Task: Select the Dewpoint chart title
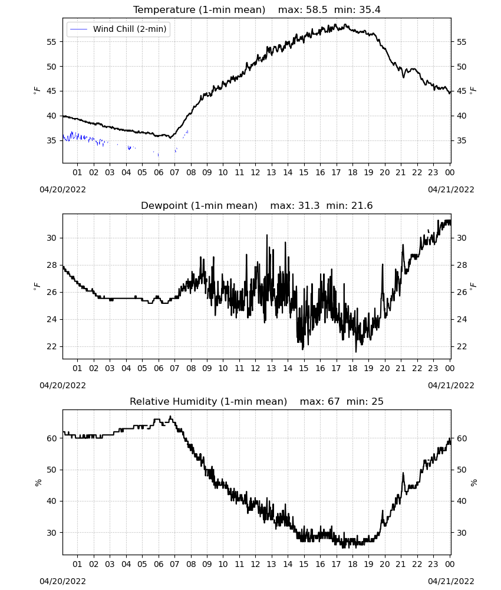pyautogui.click(x=199, y=205)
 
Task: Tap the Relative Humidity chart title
pyautogui.click(x=209, y=401)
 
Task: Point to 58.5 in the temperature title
pyautogui.click(x=317, y=9)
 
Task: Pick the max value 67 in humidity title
pyautogui.click(x=334, y=401)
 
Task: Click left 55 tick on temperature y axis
pyautogui.click(x=51, y=42)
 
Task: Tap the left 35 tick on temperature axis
pyautogui.click(x=51, y=140)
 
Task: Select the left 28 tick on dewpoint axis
pyautogui.click(x=51, y=265)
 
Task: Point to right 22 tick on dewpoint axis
pyautogui.click(x=462, y=346)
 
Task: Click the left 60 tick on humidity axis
pyautogui.click(x=51, y=438)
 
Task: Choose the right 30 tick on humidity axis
pyautogui.click(x=462, y=532)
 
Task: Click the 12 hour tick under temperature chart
pyautogui.click(x=256, y=172)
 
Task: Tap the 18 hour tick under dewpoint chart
pyautogui.click(x=352, y=368)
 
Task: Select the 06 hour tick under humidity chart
pyautogui.click(x=159, y=564)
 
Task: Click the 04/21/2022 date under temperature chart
pyautogui.click(x=451, y=189)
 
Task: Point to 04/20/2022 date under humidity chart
pyautogui.click(x=62, y=581)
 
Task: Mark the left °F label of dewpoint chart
pyautogui.click(x=37, y=286)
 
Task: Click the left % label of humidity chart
pyautogui.click(x=38, y=483)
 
